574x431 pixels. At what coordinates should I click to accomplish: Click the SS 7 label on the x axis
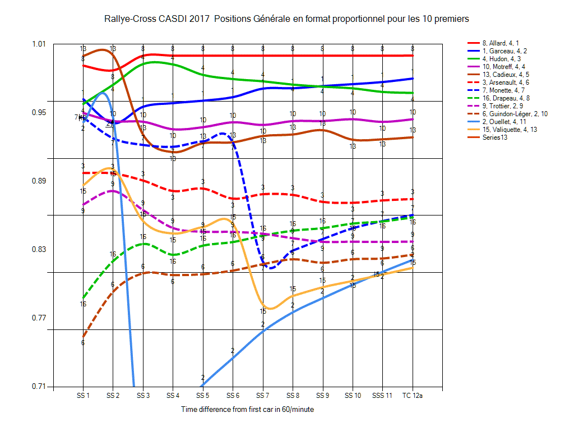pos(262,396)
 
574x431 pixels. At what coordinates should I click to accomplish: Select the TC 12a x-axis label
pos(413,396)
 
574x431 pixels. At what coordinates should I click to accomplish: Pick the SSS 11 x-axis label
pos(382,396)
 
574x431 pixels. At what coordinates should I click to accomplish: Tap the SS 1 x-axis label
pos(83,396)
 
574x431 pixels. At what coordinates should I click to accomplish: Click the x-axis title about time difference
pos(247,410)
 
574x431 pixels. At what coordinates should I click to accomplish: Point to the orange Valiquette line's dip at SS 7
pos(270,309)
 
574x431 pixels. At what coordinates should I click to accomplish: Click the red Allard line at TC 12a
pos(413,56)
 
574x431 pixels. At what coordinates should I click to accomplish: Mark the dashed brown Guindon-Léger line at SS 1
pos(83,337)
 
